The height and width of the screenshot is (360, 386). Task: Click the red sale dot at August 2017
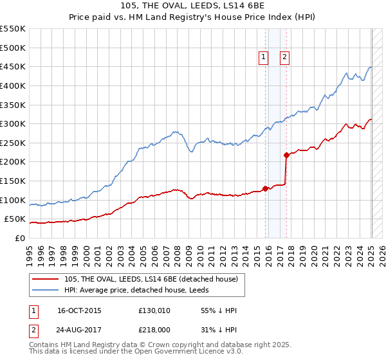pyautogui.click(x=286, y=155)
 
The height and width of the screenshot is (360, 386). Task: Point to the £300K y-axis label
pyautogui.click(x=13, y=123)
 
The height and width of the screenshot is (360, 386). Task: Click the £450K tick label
pyautogui.click(x=13, y=66)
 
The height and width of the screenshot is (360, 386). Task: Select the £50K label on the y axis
pyautogui.click(x=15, y=219)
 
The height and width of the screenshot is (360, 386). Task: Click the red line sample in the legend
pyautogui.click(x=46, y=279)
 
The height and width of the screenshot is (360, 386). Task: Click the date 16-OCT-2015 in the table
pyautogui.click(x=79, y=310)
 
